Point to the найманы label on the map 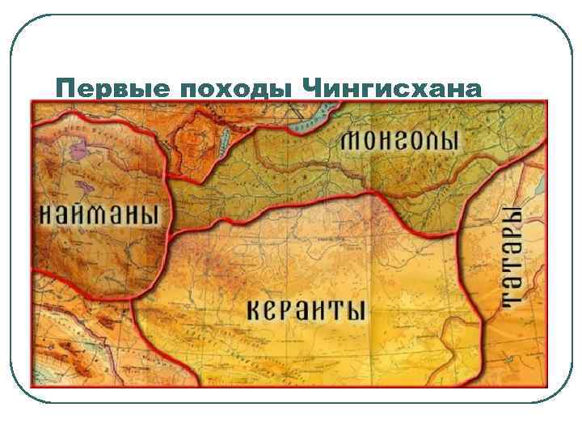[x=99, y=214]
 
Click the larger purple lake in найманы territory [x=78, y=148]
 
